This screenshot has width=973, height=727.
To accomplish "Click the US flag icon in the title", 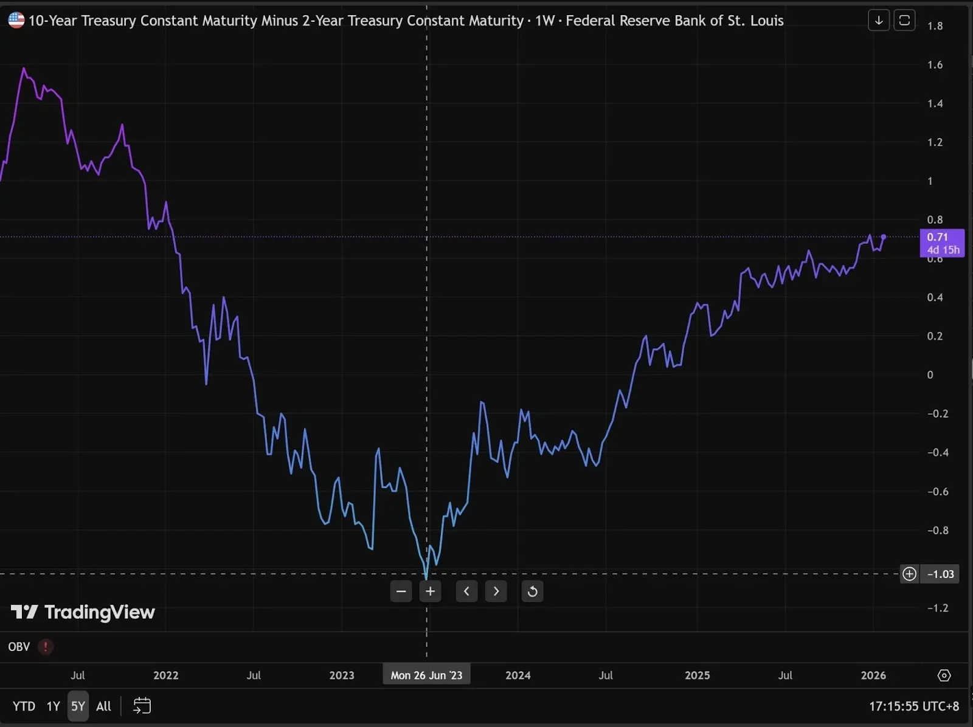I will click(x=16, y=20).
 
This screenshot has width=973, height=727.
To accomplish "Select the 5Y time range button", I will click(x=78, y=706).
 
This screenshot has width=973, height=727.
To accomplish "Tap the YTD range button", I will click(x=24, y=706).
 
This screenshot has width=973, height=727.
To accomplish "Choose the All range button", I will click(x=103, y=706).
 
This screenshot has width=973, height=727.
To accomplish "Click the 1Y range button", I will click(x=54, y=706).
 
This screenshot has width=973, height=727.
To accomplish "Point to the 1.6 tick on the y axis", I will click(x=935, y=64).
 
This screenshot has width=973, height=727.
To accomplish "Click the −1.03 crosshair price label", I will click(x=940, y=574).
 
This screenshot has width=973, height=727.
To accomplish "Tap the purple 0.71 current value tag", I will click(x=942, y=243).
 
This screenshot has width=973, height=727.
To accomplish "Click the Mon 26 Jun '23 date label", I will click(x=426, y=675).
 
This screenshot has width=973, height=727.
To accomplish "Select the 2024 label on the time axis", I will click(x=518, y=675).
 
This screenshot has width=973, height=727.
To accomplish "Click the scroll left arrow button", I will click(x=466, y=591).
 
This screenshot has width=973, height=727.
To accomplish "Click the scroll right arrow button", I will click(x=496, y=591).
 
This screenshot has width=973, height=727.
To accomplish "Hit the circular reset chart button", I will click(x=532, y=591).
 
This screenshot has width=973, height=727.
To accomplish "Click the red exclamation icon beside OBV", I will click(x=46, y=647).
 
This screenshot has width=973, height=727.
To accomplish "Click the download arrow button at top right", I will click(x=879, y=21).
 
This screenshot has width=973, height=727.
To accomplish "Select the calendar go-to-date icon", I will click(x=142, y=706).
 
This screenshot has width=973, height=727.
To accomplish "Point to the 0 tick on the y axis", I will click(x=930, y=375).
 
